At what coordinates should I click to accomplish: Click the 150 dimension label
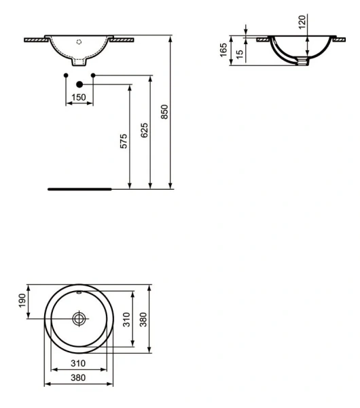pos(79,99)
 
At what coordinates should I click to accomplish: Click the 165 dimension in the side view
pos(223,50)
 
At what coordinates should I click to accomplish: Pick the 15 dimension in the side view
pos(240,53)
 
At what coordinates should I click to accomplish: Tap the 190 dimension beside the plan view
pos(22,301)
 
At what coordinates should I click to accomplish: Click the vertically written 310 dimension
pos(125,320)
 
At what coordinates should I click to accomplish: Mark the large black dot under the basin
pos(79,84)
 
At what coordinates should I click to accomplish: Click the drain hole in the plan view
pos(79,318)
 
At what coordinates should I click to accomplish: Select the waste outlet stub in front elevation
pos(79,64)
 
